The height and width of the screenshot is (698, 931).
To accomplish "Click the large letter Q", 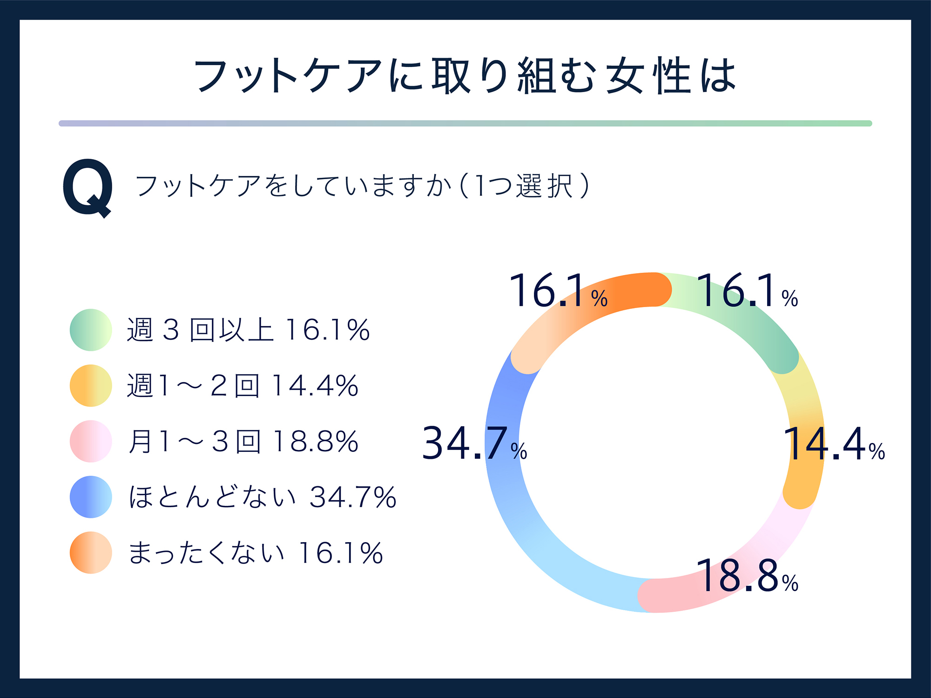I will tap(88, 187).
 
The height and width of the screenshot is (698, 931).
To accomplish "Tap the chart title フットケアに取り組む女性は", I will tap(465, 75).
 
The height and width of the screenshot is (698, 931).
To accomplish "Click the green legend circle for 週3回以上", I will tap(91, 330).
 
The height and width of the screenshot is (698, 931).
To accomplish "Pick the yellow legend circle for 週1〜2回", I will tap(91, 385).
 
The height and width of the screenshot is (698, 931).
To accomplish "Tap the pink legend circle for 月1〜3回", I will tap(91, 441).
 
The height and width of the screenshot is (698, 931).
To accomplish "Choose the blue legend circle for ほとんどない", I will tap(91, 497).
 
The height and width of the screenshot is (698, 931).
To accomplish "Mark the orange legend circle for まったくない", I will tap(91, 553).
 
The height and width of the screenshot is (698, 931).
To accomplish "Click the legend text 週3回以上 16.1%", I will tap(248, 330).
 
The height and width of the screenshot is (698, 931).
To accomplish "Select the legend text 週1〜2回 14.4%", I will tap(243, 386).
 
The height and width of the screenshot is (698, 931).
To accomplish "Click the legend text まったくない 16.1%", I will tap(256, 553).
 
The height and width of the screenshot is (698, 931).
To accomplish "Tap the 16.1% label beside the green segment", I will tap(747, 291).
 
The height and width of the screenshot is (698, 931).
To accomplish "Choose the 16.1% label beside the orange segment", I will tap(558, 291).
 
